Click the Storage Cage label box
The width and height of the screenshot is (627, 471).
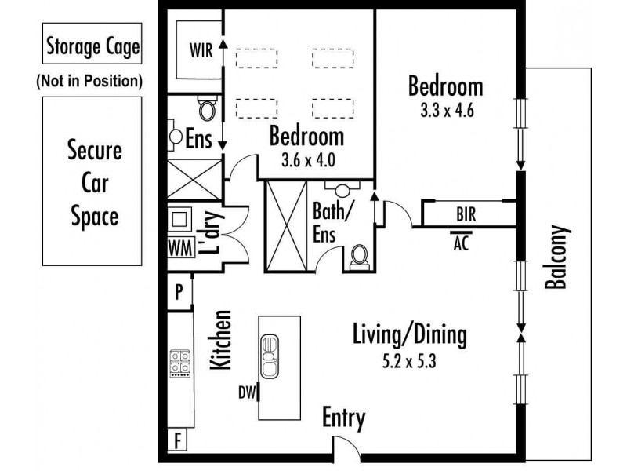tap(92, 43)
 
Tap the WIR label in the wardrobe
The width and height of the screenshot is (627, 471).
tap(201, 51)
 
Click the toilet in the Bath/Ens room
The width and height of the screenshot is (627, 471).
tap(360, 257)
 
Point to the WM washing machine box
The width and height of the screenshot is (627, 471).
tap(181, 248)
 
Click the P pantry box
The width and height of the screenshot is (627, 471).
tap(179, 291)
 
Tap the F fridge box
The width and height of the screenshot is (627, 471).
tap(177, 440)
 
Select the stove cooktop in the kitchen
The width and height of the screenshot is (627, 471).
tap(180, 363)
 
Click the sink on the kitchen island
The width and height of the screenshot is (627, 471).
tap(270, 357)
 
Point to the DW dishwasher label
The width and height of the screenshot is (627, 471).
tap(247, 392)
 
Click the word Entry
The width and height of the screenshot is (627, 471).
tap(344, 418)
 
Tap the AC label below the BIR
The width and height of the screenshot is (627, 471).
tap(461, 243)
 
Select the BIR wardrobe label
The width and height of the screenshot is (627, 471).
tap(466, 214)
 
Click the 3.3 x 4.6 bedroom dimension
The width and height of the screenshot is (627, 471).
tap(447, 110)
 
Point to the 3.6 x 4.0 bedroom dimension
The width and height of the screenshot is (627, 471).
tap(308, 160)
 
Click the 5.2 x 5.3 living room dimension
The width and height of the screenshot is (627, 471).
tap(409, 361)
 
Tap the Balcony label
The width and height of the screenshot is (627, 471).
tap(556, 257)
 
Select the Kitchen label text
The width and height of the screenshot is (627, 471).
tap(221, 340)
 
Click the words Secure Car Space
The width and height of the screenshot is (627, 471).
tap(94, 183)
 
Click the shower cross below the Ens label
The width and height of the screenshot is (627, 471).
tap(194, 180)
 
